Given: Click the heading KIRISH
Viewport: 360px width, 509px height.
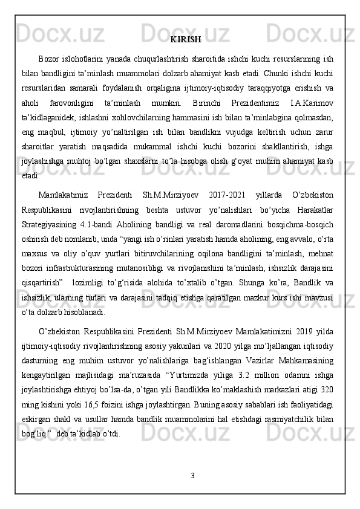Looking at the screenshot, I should click(185, 41).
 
